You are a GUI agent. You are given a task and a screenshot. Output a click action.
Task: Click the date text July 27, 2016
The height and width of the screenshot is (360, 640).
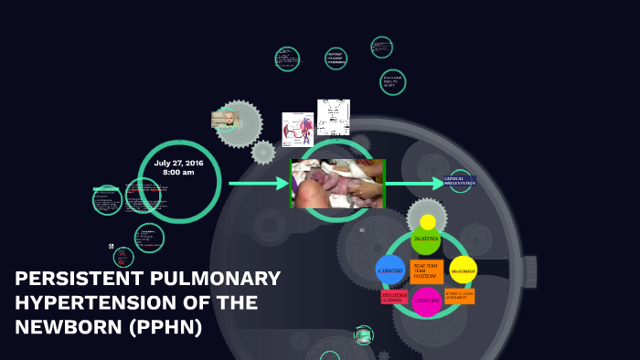pos(178,162)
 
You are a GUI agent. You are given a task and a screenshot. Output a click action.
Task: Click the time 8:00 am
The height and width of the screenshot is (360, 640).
pos(178,172)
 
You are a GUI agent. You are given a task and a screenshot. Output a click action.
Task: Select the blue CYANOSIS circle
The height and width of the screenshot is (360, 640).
pos(390,270)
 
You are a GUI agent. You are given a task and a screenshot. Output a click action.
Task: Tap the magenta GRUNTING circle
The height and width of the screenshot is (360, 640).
pos(426,301)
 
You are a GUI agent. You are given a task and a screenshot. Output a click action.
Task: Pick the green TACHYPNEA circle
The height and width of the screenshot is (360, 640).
pos(426,239)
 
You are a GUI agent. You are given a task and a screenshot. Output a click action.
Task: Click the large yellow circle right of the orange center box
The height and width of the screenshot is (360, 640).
pos(464,270)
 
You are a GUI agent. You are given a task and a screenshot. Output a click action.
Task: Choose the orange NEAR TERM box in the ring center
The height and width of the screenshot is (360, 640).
pos(426,270)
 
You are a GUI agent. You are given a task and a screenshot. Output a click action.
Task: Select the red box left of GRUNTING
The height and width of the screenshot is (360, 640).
pos(394,297)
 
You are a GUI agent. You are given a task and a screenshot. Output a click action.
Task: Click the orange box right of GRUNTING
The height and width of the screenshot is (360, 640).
pos(460,296)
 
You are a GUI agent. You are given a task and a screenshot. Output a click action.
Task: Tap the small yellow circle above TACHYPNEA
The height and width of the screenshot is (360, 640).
pos(428,222)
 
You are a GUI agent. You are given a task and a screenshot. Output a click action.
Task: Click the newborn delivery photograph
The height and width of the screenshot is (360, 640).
pos(337,184)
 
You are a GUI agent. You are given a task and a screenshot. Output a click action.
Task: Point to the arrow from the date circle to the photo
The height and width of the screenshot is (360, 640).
pos(259,184)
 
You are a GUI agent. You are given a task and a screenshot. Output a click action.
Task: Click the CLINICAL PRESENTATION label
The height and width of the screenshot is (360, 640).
pos(460,181)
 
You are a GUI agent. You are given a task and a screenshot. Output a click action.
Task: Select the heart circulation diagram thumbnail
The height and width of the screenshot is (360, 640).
pos(297,129)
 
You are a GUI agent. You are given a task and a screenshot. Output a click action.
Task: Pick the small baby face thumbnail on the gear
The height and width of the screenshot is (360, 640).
pos(224,119)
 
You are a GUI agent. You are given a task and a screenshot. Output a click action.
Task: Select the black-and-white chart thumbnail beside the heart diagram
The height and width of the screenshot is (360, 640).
pos(334,117)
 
